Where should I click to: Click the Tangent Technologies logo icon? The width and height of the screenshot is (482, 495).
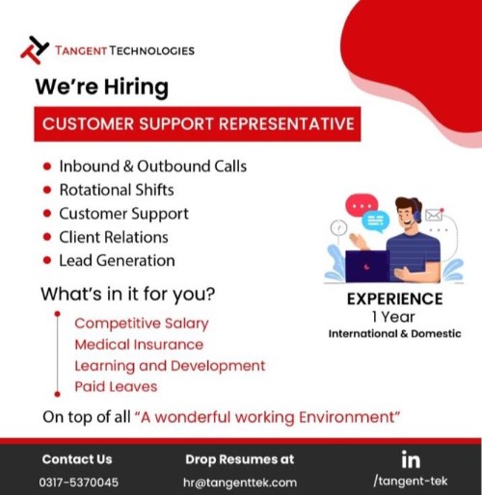pos(35,50)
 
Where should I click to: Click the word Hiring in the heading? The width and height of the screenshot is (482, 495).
pos(136,88)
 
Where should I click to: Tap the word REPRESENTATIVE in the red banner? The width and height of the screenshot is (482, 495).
pos(286,124)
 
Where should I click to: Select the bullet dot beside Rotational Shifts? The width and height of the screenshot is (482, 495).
pos(47,190)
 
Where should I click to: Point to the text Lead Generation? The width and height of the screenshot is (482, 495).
pos(117,260)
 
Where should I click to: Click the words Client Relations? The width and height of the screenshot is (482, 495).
pos(114,237)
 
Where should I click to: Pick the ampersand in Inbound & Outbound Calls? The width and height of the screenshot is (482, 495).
pos(128,167)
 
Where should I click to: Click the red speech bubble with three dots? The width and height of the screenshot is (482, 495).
pos(361,204)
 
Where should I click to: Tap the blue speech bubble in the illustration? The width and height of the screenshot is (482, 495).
pos(376,221)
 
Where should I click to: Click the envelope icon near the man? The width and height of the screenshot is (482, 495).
pos(434,215)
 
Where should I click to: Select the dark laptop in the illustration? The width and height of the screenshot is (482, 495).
pos(367,267)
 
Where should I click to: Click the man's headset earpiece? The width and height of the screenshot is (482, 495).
pos(417,217)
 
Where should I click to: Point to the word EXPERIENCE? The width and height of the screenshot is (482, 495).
pos(395,299)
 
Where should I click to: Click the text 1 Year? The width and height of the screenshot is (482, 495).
pos(393,317)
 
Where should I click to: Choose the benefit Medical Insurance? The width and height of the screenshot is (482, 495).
pos(139,345)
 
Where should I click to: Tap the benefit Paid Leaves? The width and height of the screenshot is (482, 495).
pos(116,386)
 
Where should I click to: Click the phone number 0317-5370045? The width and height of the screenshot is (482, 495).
pos(79,482)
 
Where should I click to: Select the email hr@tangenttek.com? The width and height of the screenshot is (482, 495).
pos(240,482)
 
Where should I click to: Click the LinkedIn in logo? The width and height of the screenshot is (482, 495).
pos(411,459)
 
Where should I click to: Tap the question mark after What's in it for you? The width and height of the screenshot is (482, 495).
pos(210,294)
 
